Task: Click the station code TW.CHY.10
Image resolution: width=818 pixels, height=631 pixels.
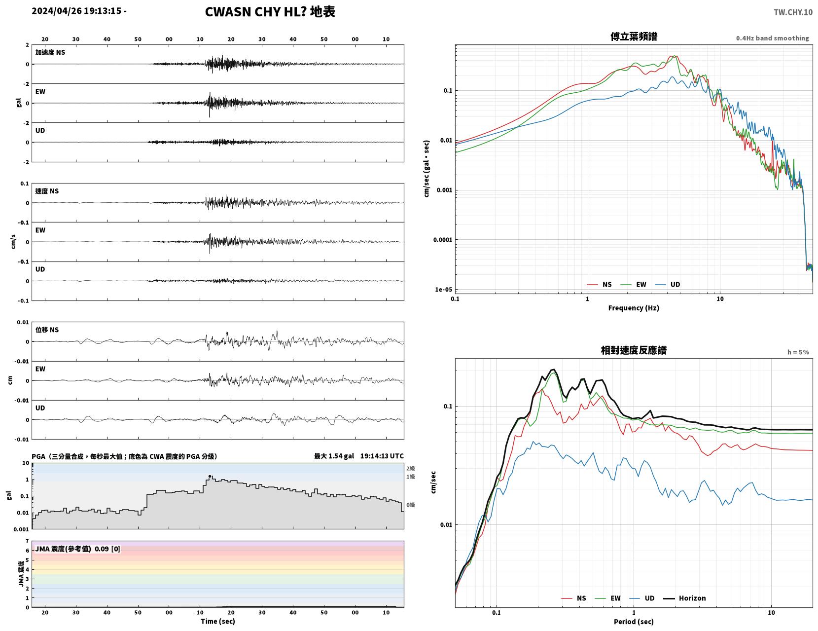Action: [793, 12]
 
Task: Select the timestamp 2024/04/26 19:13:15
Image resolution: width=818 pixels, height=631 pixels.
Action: [76, 10]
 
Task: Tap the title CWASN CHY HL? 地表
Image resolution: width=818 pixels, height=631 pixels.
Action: [270, 12]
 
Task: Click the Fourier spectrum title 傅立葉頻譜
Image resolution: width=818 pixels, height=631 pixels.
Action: [633, 37]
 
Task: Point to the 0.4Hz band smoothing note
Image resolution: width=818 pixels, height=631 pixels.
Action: [772, 38]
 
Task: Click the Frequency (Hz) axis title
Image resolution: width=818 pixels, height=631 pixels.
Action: [633, 307]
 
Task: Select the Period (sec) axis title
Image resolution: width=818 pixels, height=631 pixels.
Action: [633, 621]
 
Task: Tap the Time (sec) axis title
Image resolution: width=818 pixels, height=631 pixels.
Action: [217, 621]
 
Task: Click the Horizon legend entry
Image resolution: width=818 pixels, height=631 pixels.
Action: [684, 598]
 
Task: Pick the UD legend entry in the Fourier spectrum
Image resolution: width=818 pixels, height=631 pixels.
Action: [668, 284]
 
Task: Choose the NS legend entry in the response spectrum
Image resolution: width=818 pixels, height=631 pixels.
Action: [573, 598]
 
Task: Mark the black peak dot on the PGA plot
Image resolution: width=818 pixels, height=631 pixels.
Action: [210, 476]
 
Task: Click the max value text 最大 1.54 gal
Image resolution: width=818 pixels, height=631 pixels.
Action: [334, 456]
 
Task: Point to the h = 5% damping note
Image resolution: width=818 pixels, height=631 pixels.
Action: [798, 352]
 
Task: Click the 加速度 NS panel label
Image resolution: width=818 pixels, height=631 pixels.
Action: [50, 52]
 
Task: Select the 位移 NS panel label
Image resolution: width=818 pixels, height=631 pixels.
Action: [47, 330]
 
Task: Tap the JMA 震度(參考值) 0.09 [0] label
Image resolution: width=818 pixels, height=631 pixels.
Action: [77, 549]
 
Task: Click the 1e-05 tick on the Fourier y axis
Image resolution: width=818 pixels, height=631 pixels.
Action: [443, 290]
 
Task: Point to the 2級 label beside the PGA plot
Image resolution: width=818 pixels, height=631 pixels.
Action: [410, 468]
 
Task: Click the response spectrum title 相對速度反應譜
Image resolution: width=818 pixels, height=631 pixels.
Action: [633, 350]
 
